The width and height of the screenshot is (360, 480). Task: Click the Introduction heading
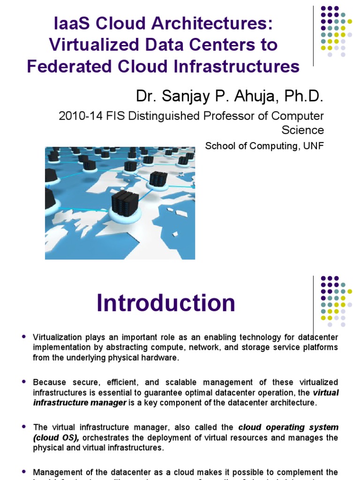pos(166,303)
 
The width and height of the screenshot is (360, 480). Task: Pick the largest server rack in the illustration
pos(125,203)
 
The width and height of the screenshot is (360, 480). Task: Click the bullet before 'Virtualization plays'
pos(24,337)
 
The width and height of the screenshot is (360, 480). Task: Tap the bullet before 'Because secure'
pos(24,382)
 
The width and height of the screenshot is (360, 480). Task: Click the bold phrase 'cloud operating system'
pos(288,427)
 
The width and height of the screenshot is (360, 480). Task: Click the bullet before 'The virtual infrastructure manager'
pos(24,427)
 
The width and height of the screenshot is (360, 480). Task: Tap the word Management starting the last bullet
pos(55,472)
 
